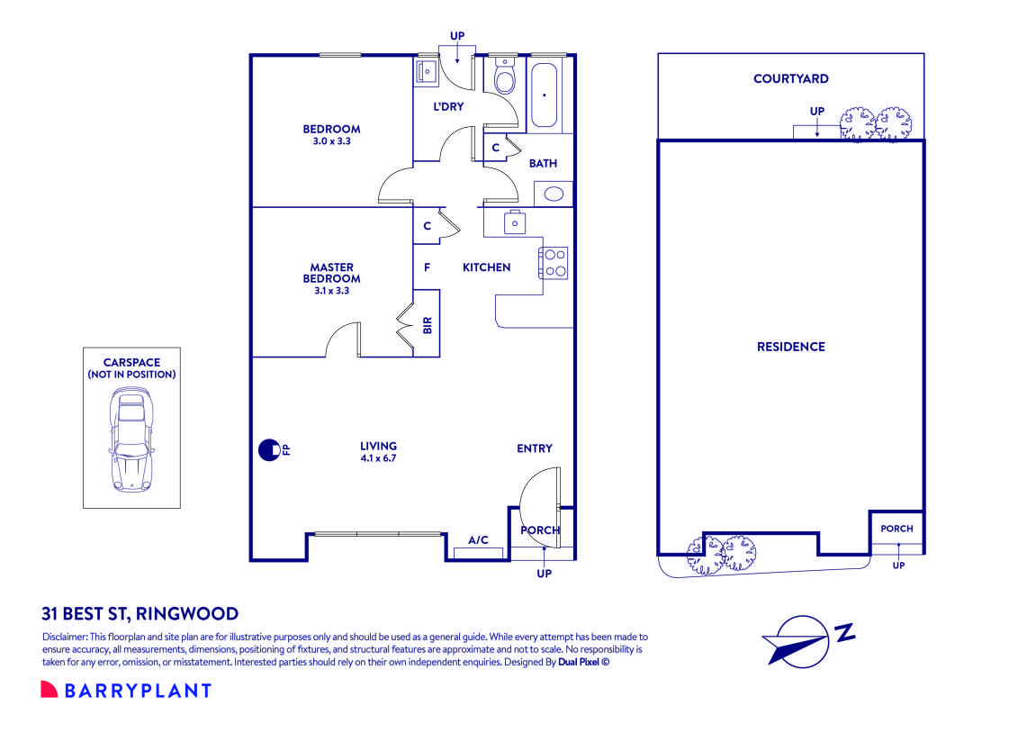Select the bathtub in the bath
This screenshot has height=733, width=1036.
click(544, 95)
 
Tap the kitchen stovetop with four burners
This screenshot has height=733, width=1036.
click(554, 262)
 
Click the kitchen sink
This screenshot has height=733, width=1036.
click(515, 222)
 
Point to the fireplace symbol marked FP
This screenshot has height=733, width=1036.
click(269, 450)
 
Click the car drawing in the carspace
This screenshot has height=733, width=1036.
click(131, 439)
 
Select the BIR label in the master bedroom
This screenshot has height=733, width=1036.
click(428, 325)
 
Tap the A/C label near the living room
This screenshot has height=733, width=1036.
click(478, 540)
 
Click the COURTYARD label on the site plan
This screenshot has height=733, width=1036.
click(791, 78)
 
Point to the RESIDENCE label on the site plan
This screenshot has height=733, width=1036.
click(791, 347)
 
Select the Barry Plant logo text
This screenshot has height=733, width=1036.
click(138, 691)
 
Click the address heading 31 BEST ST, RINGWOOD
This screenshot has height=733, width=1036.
click(140, 614)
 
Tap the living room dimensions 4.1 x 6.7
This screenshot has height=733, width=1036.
click(379, 458)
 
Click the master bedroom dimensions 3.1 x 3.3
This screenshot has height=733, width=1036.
click(331, 290)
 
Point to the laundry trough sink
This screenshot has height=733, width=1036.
click(426, 69)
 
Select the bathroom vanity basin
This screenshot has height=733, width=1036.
click(553, 194)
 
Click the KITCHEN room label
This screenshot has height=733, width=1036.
click(486, 267)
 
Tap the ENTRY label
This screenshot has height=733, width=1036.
click(535, 448)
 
